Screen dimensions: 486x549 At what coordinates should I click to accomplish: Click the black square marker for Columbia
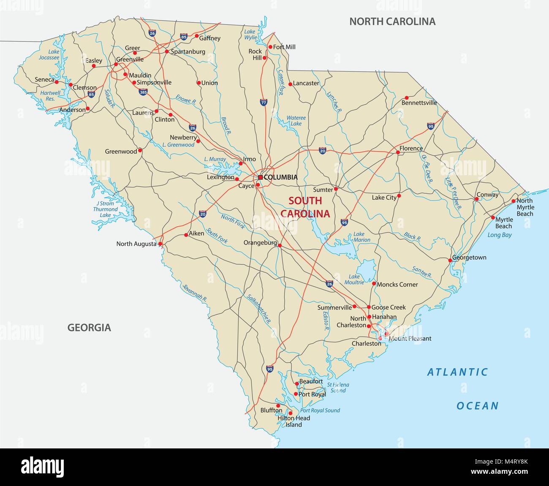(260, 177)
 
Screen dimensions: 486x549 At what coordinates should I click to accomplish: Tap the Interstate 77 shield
(263, 102)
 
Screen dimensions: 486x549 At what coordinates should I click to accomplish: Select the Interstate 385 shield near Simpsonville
(143, 91)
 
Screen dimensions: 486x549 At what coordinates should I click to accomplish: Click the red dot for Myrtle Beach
(492, 218)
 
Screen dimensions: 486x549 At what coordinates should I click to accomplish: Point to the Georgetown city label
(469, 257)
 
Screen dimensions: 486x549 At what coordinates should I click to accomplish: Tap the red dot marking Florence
(397, 152)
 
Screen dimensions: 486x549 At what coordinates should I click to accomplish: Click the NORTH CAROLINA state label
(392, 22)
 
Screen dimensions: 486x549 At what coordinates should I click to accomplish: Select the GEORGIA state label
(89, 327)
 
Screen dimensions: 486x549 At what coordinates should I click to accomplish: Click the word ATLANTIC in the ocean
(457, 372)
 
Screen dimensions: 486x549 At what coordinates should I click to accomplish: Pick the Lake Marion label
(361, 237)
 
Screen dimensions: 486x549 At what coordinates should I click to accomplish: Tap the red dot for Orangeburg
(280, 244)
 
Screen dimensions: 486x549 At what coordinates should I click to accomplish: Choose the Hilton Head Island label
(294, 421)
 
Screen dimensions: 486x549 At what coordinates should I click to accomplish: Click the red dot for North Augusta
(160, 244)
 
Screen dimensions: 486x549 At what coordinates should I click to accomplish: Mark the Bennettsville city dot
(407, 98)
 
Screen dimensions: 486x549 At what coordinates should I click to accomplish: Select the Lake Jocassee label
(49, 54)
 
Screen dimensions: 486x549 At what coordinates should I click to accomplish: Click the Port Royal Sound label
(320, 410)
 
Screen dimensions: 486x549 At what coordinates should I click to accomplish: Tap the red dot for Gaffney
(196, 36)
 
